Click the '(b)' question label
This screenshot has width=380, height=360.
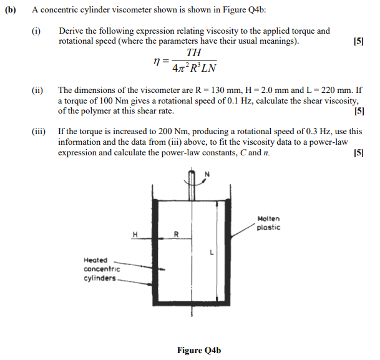[12, 12]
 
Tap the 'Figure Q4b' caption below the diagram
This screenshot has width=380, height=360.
[199, 350]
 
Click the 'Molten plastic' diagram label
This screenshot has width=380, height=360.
[268, 223]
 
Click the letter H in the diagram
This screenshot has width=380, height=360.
[134, 234]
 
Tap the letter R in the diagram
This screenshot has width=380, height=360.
[176, 235]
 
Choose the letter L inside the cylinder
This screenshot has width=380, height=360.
[212, 253]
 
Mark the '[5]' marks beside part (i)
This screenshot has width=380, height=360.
[358, 41]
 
